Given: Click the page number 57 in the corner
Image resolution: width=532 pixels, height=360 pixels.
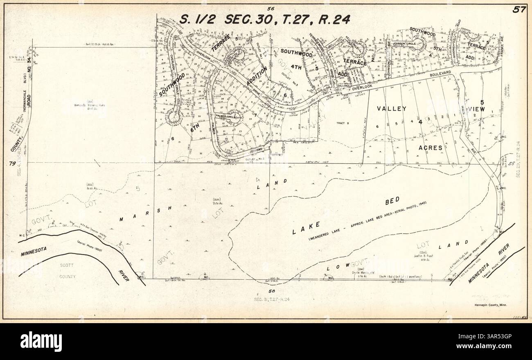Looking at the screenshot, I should (x=519, y=10).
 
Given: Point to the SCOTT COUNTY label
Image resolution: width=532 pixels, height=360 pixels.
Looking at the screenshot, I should (x=68, y=271).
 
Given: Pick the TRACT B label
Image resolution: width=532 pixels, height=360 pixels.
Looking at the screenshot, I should (x=342, y=123).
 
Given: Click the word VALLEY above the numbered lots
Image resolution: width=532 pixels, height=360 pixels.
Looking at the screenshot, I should (x=392, y=109).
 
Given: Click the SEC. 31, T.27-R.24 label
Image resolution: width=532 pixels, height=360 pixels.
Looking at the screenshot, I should (x=272, y=299).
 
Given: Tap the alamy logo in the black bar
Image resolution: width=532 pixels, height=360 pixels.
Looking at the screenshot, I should (x=41, y=341).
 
